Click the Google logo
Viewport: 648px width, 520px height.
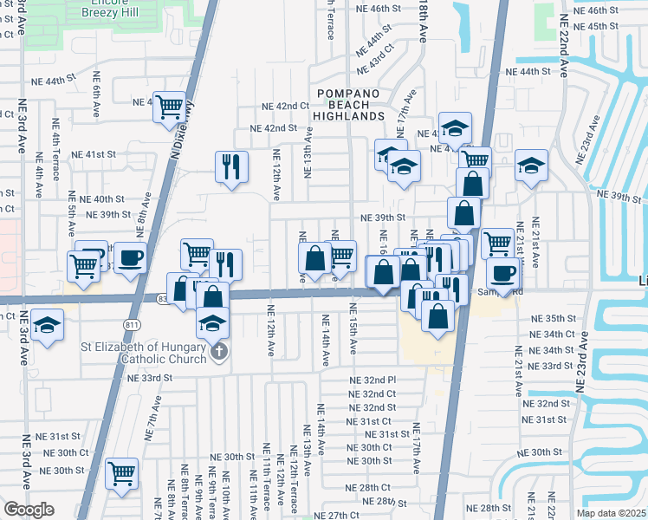pyautogui.click(x=29, y=509)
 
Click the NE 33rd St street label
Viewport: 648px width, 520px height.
pyautogui.click(x=149, y=379)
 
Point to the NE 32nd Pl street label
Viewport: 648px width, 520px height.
pyautogui.click(x=372, y=380)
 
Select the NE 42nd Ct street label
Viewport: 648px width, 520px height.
pyautogui.click(x=286, y=107)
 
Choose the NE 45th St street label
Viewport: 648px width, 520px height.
pyautogui.click(x=615, y=25)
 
